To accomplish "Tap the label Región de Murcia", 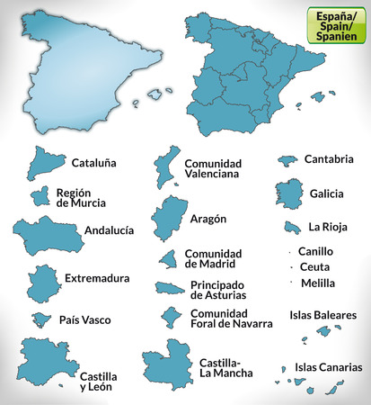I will pos(80,197).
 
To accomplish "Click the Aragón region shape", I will pos(166,217).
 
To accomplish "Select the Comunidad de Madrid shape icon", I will pos(167,259).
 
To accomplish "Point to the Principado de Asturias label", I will pos(221,290).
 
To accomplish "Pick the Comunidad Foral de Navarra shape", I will pos(168,317).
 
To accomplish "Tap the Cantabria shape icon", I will pos(287,159).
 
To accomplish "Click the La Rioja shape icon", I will pos(291,228).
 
